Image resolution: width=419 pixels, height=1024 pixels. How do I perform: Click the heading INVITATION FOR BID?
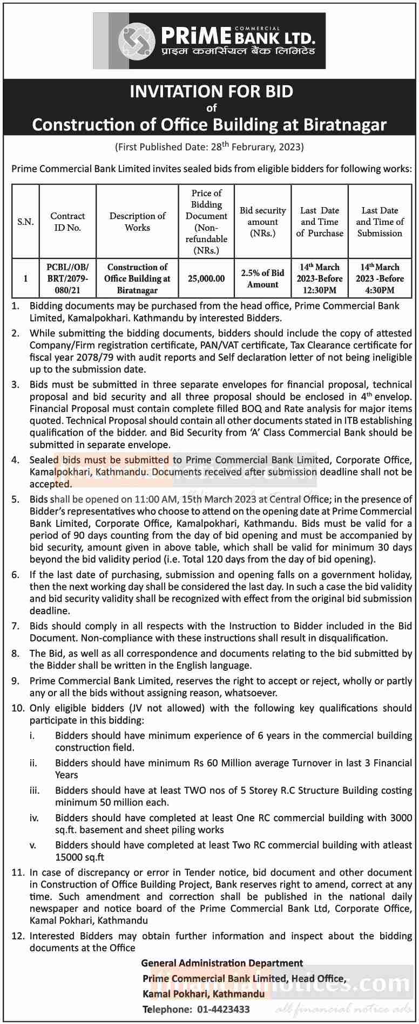(x=211, y=91)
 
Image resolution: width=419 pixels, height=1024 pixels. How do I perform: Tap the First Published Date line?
(x=209, y=147)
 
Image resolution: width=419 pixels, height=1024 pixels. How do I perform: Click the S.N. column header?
(x=25, y=222)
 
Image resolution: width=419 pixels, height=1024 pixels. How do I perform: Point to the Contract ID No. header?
(x=67, y=222)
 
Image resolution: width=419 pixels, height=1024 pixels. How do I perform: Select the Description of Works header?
(x=137, y=222)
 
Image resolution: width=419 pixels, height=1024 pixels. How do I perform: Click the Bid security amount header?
(x=262, y=222)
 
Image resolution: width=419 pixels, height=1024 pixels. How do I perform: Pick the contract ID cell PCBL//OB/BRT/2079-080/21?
(x=67, y=278)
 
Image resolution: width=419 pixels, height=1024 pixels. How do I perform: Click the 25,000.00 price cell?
(x=206, y=279)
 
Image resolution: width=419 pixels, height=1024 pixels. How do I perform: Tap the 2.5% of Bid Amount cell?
(x=262, y=279)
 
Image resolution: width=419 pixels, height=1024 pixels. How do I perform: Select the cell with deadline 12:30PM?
(x=320, y=278)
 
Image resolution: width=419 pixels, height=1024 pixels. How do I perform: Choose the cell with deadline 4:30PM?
(x=380, y=278)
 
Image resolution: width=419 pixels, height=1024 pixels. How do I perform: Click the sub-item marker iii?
(x=34, y=790)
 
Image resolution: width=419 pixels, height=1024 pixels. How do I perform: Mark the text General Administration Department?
(x=222, y=963)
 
